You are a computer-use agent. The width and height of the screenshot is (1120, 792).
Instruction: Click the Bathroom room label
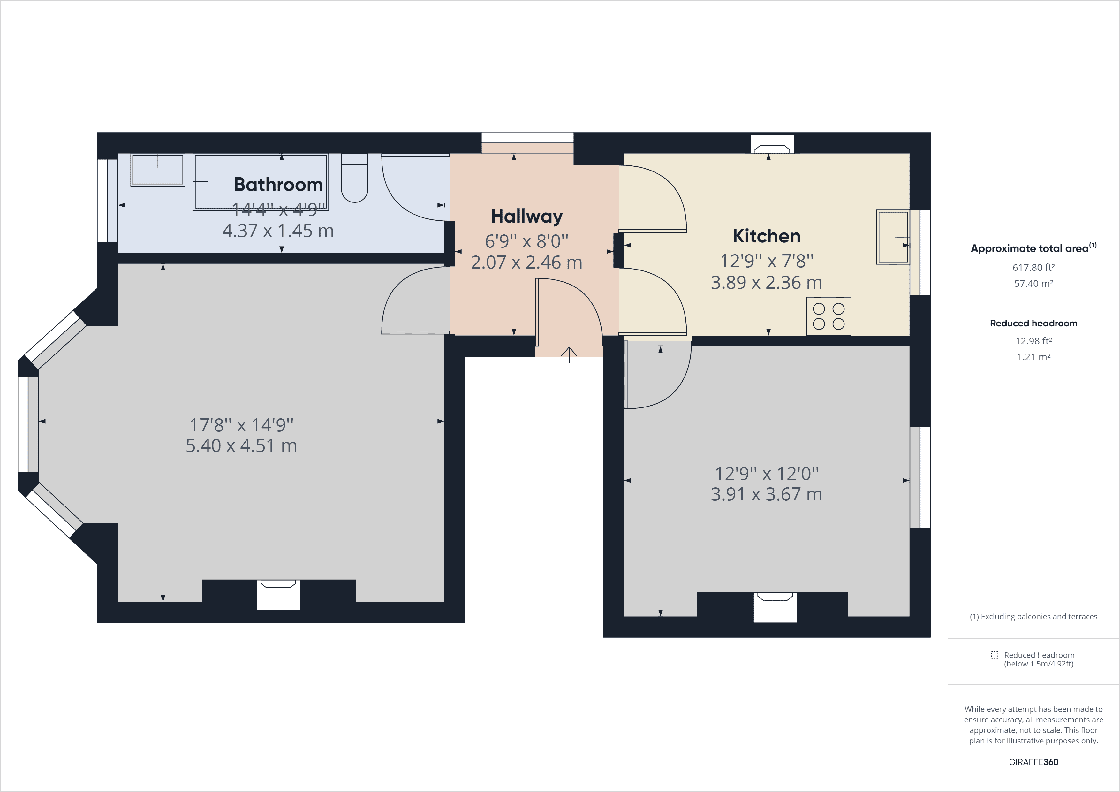tap(278, 185)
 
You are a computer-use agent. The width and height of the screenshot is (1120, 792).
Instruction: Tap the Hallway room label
tap(526, 216)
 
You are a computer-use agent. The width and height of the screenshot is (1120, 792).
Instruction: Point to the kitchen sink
tap(893, 237)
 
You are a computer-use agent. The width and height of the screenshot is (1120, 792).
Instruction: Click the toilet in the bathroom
tap(355, 179)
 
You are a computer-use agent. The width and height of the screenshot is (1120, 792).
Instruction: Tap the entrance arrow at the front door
tap(569, 354)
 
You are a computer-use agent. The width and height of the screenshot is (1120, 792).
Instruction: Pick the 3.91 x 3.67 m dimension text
tap(766, 494)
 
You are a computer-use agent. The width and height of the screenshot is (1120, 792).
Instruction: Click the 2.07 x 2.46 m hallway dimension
tap(526, 263)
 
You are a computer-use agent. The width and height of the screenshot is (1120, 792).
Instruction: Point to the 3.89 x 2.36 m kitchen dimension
tap(766, 283)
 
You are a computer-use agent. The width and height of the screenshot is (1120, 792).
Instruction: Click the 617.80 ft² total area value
tap(1033, 267)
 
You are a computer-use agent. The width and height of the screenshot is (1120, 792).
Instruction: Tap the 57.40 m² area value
tap(1033, 284)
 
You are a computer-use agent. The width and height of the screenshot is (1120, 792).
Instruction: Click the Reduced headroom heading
tap(1033, 323)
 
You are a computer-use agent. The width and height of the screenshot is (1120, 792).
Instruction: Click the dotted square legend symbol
tap(994, 655)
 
